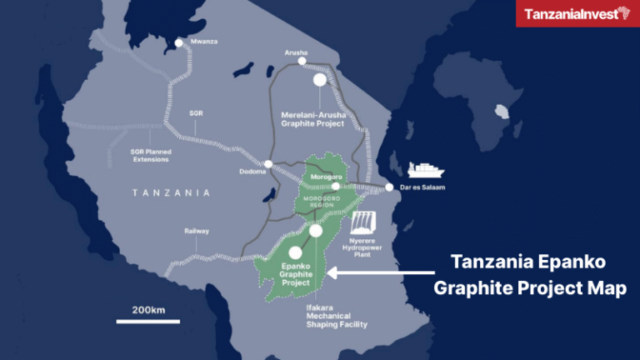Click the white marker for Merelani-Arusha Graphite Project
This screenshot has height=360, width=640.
(x=319, y=80)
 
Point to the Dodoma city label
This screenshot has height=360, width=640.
(x=252, y=172)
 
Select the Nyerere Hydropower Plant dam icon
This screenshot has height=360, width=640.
(x=365, y=222)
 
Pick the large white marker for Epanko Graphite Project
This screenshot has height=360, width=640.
(x=294, y=252)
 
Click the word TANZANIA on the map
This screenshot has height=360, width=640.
(x=169, y=192)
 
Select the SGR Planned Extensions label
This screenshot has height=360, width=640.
(x=150, y=154)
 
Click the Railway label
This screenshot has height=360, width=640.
(x=197, y=231)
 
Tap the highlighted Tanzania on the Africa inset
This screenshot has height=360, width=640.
(x=502, y=112)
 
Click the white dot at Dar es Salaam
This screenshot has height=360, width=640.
(x=388, y=187)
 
